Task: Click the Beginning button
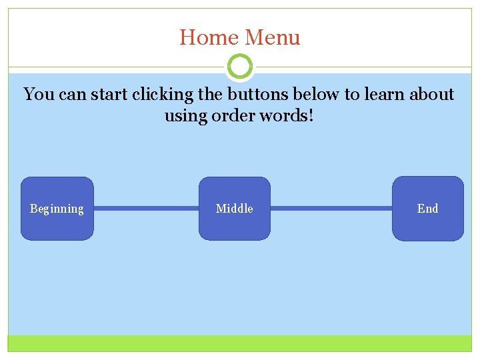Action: tap(57, 209)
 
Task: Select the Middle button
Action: tap(235, 209)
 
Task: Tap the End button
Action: tap(427, 209)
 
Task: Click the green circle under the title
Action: tap(240, 67)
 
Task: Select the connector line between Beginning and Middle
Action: tap(146, 209)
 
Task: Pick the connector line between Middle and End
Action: tap(331, 209)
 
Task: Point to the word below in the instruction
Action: tap(318, 95)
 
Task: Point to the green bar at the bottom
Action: tap(240, 343)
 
